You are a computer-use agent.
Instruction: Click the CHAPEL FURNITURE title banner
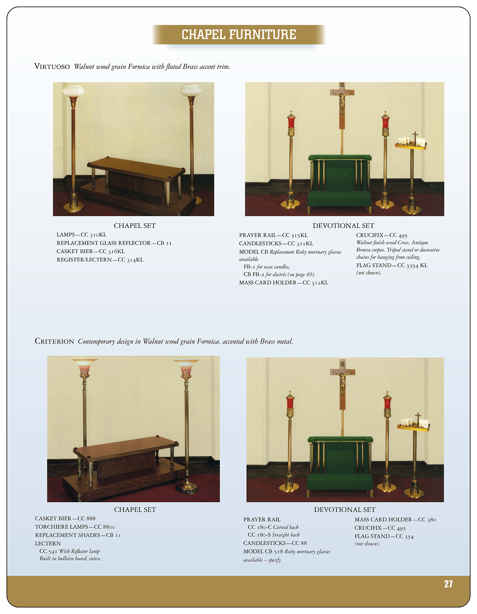(238, 35)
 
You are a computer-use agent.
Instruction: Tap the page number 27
(448, 584)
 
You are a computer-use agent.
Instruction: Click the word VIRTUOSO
(52, 67)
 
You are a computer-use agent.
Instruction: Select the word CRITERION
(54, 342)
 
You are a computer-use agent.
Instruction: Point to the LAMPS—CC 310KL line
(81, 235)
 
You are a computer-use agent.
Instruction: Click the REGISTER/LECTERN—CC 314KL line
(100, 260)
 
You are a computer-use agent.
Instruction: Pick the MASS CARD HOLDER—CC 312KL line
(283, 283)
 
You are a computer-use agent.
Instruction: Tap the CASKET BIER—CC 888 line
(65, 518)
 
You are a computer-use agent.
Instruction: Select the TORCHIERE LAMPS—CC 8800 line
(75, 527)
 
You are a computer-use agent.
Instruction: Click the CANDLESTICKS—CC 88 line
(275, 543)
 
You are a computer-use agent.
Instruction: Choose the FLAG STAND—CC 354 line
(384, 537)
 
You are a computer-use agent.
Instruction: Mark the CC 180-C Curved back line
(273, 527)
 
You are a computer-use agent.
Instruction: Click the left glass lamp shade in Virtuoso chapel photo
(73, 90)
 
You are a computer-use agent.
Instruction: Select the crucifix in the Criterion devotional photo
(342, 384)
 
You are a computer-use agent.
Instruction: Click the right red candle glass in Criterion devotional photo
(387, 402)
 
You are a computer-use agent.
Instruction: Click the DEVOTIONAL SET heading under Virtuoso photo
(343, 226)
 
